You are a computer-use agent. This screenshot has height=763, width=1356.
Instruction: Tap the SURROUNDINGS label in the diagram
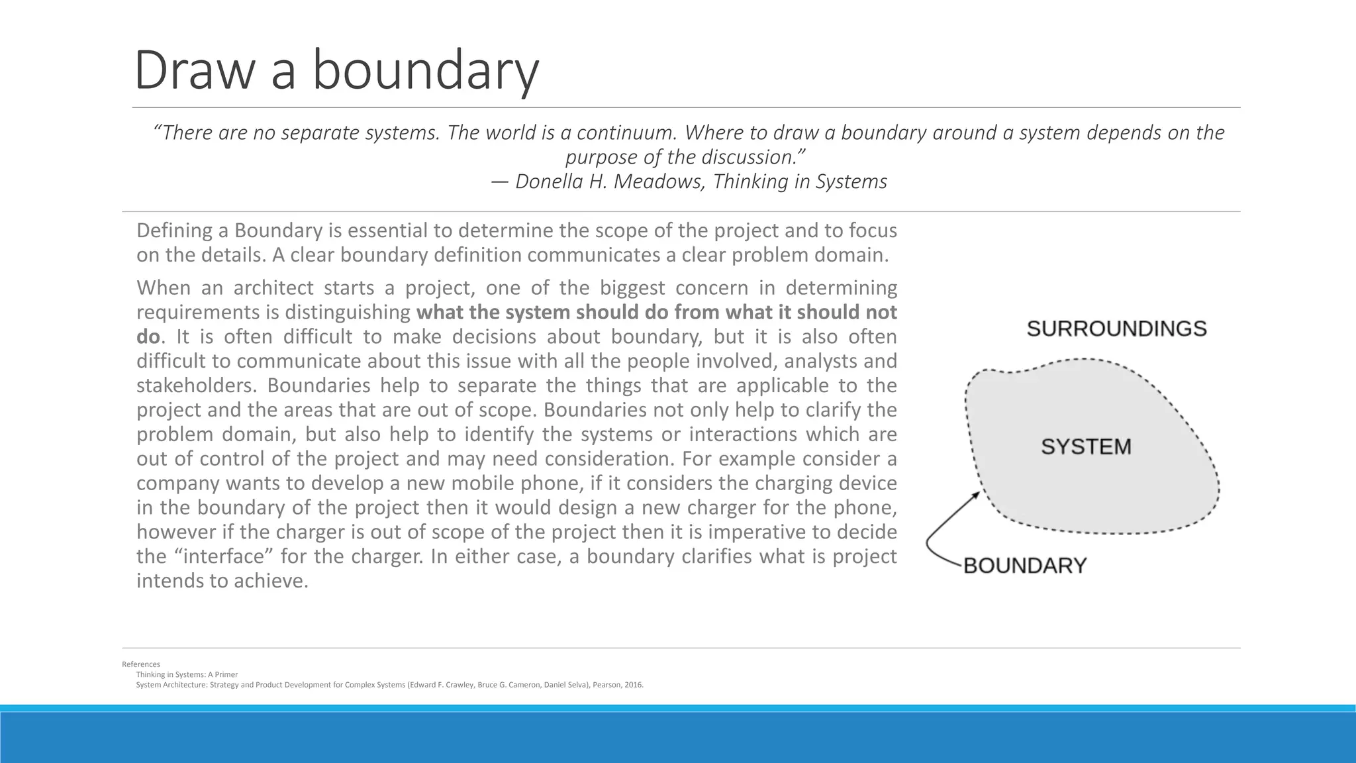coord(1116,329)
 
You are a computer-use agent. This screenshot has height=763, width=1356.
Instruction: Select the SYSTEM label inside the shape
coord(1086,446)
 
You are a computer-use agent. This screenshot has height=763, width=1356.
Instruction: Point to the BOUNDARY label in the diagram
coord(1024,566)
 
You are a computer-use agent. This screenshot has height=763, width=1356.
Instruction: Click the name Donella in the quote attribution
coord(550,181)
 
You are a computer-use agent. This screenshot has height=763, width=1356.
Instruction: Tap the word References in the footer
coord(140,664)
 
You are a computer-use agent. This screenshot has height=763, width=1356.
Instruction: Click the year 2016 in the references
coord(633,685)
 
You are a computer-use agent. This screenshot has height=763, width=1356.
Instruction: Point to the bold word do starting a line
coord(148,336)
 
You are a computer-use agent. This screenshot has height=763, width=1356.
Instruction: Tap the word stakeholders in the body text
coord(197,385)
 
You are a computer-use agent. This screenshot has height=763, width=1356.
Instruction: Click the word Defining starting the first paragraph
coord(181,230)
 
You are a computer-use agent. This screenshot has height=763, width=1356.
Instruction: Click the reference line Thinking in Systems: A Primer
coord(187,675)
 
